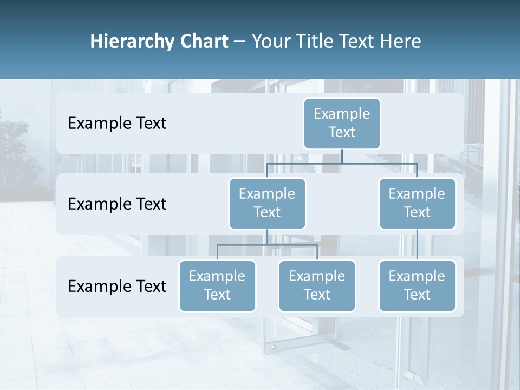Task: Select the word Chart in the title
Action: click(x=202, y=41)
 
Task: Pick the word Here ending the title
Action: click(x=400, y=41)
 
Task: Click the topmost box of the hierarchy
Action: click(x=342, y=123)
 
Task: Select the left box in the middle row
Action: click(x=267, y=203)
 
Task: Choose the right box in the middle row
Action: click(x=417, y=203)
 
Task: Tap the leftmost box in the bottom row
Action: click(x=217, y=285)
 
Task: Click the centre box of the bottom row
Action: click(x=317, y=285)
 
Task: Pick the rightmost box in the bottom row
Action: click(x=417, y=285)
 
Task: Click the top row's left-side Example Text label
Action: click(x=117, y=123)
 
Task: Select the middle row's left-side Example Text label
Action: click(x=117, y=204)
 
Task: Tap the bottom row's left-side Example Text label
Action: click(x=117, y=286)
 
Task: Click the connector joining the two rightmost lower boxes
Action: click(x=417, y=245)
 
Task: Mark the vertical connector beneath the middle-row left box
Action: click(x=267, y=237)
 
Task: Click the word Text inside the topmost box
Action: click(x=342, y=132)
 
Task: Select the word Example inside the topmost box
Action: click(x=342, y=114)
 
